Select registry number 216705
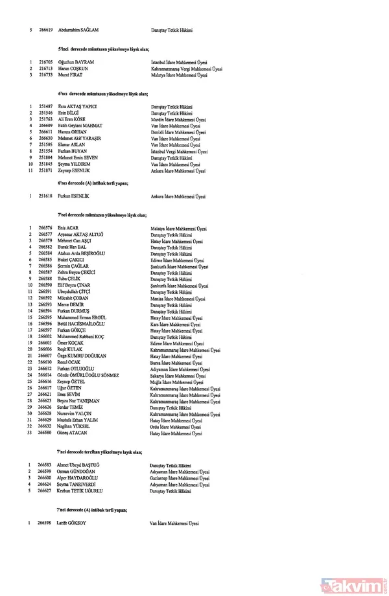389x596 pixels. (45, 63)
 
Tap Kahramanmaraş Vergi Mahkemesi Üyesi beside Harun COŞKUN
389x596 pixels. (187, 69)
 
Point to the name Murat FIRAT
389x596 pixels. (71, 75)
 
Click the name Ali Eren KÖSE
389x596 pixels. (72, 120)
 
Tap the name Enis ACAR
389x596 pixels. (67, 228)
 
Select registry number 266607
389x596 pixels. (45, 355)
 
